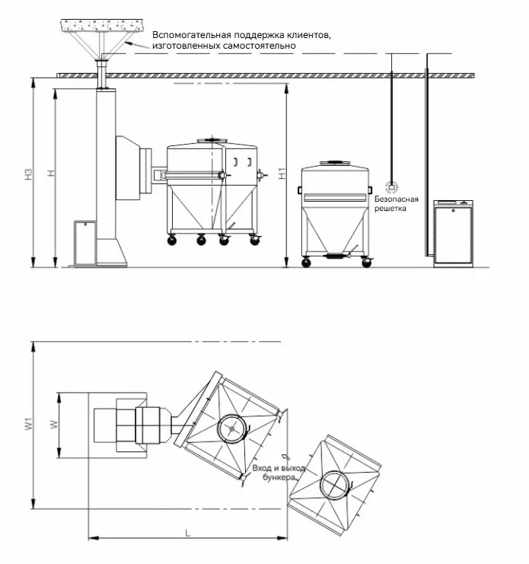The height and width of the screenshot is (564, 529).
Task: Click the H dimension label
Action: pos(52,173)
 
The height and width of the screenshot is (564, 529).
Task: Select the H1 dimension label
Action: pos(282,174)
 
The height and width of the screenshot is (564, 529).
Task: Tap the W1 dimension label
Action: pos(29,423)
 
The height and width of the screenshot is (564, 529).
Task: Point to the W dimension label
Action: pos(53,425)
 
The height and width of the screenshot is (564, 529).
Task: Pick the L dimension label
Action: pos(188,533)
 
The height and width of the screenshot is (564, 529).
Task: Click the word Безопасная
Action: pos(397,199)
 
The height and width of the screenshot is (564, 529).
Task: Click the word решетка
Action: pos(390,209)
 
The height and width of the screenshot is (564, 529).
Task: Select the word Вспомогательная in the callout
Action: pos(191,35)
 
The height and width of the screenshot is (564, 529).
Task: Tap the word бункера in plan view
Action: pos(279,477)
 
